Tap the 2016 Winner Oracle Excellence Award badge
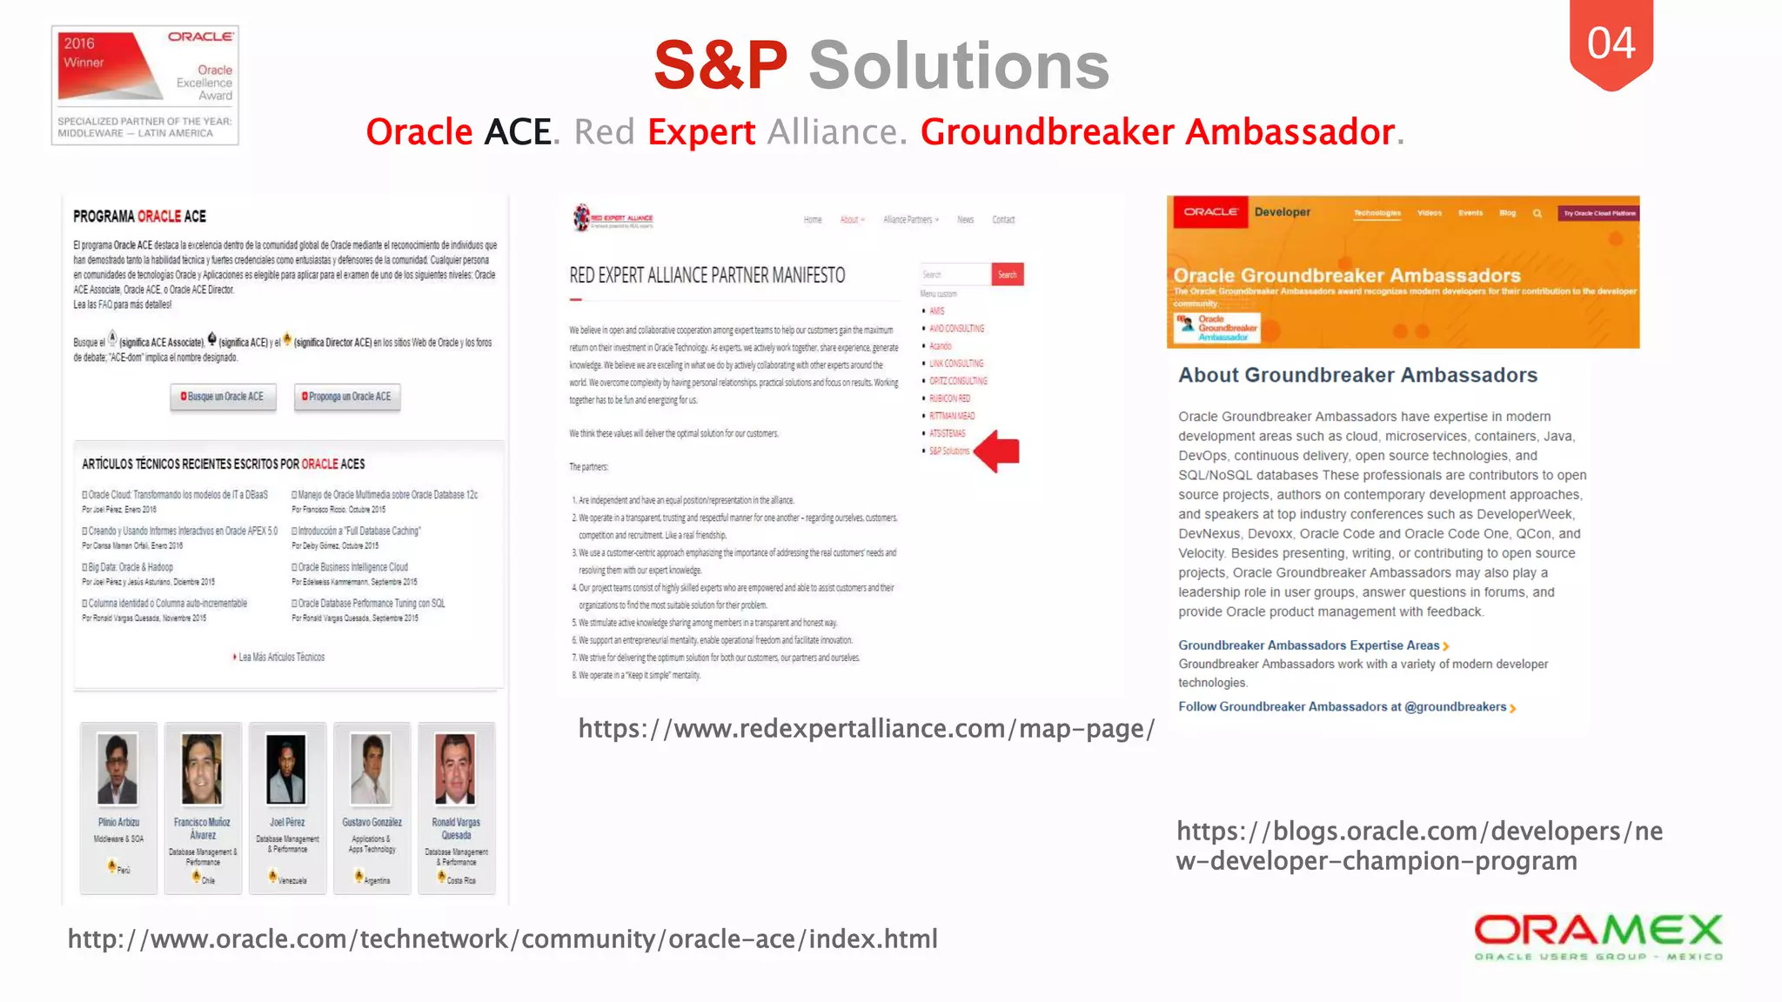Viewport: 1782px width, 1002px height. click(x=145, y=85)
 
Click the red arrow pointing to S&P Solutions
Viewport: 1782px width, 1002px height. click(x=997, y=451)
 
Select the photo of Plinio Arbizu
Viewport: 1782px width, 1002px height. click(x=117, y=769)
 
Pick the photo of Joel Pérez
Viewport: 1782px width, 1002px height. click(x=286, y=769)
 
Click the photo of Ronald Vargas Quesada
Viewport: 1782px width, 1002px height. click(x=455, y=769)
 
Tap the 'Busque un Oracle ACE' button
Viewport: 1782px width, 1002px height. click(x=223, y=397)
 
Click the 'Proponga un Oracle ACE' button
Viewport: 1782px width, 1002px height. click(x=347, y=397)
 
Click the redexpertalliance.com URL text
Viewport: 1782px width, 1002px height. click(x=866, y=729)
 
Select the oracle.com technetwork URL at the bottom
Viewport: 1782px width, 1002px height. click(x=503, y=939)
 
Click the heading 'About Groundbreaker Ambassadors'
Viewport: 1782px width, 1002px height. click(x=1357, y=376)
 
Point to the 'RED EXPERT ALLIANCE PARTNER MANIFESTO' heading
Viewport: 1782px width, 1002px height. click(x=707, y=276)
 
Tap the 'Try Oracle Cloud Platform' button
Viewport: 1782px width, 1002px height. click(x=1599, y=213)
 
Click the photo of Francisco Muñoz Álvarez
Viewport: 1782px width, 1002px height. click(x=202, y=769)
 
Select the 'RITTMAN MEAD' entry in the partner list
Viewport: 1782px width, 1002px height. click(x=952, y=416)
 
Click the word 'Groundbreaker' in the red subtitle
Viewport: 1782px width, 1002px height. click(x=1048, y=132)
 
